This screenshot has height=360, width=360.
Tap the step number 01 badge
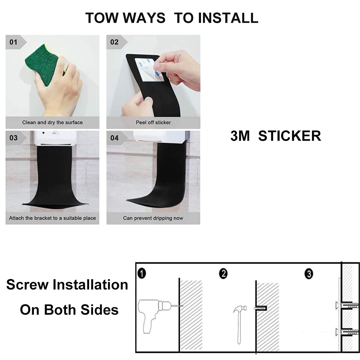tap(13, 42)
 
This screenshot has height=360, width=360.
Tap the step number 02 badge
tap(114, 42)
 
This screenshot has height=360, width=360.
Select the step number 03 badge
tap(13, 138)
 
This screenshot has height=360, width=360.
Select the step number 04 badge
tap(114, 138)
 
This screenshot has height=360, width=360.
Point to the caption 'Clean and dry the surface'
tap(52, 122)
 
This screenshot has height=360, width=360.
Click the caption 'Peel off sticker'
tap(153, 122)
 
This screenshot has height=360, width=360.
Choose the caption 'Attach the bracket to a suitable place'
tap(52, 218)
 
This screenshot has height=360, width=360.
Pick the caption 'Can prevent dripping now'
tap(153, 218)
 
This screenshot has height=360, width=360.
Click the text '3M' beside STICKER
tap(240, 136)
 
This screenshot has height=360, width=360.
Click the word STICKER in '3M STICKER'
tap(289, 136)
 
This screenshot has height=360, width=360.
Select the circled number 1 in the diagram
tap(143, 274)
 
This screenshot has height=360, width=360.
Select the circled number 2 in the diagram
tap(223, 274)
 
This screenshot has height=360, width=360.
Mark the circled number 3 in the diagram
tap(309, 274)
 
